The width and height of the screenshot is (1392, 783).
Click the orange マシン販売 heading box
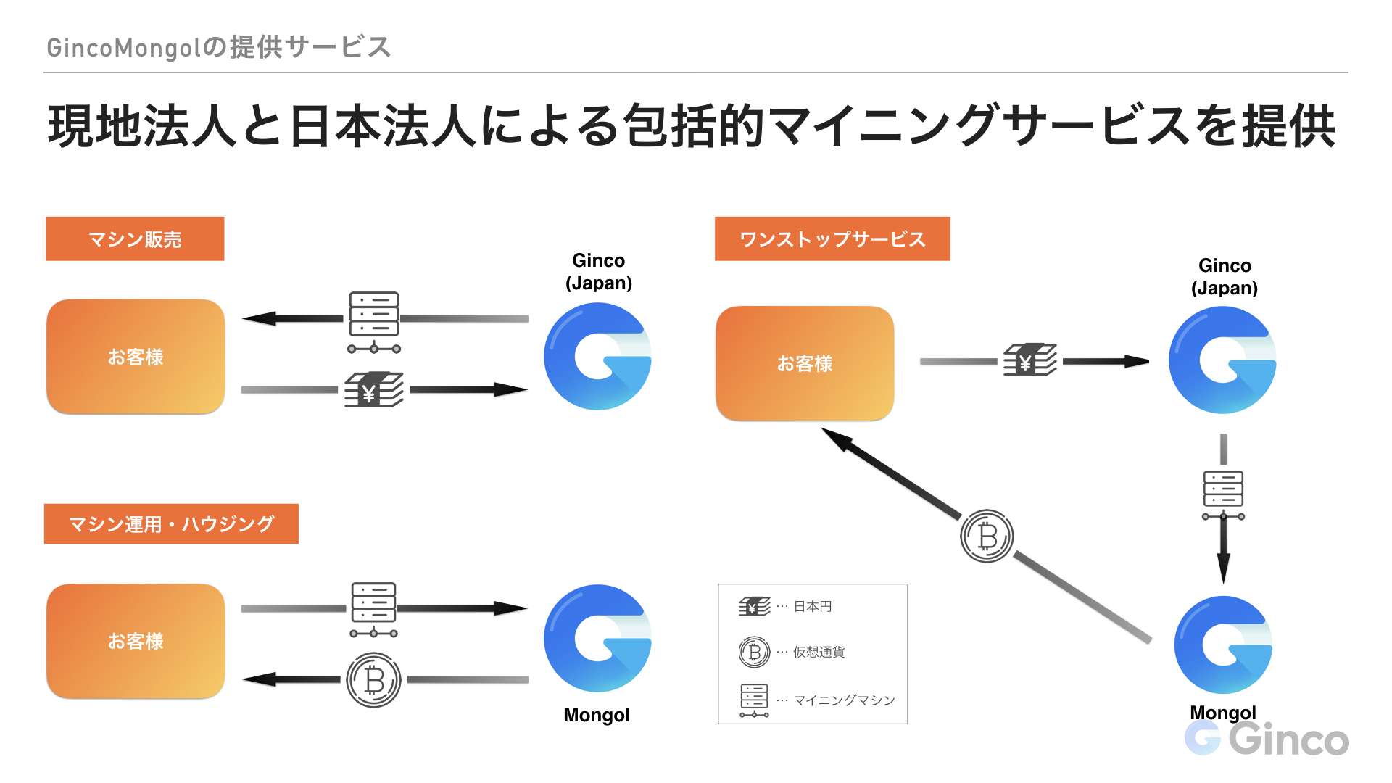(x=135, y=239)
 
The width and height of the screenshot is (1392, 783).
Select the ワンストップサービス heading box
(x=832, y=239)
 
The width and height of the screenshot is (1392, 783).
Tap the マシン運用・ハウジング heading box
(x=171, y=523)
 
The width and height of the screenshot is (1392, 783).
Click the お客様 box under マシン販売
(x=136, y=357)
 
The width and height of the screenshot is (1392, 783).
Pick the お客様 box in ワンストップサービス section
(x=805, y=363)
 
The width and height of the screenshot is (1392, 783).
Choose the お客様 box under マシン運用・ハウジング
(x=136, y=641)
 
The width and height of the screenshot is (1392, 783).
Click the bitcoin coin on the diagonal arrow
(x=987, y=536)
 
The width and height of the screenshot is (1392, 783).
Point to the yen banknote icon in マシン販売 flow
(x=373, y=390)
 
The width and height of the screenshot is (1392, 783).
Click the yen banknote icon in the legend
(x=754, y=606)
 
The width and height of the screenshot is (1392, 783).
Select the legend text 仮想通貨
(x=819, y=652)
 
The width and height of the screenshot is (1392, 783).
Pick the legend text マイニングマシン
(x=844, y=700)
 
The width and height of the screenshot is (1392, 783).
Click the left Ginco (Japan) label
(x=598, y=271)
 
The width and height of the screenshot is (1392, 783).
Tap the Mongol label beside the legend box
(x=597, y=715)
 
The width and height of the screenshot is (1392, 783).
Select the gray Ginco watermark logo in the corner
(x=1267, y=739)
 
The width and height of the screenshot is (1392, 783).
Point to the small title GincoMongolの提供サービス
(x=218, y=48)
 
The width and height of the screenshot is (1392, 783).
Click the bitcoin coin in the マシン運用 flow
(x=373, y=680)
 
